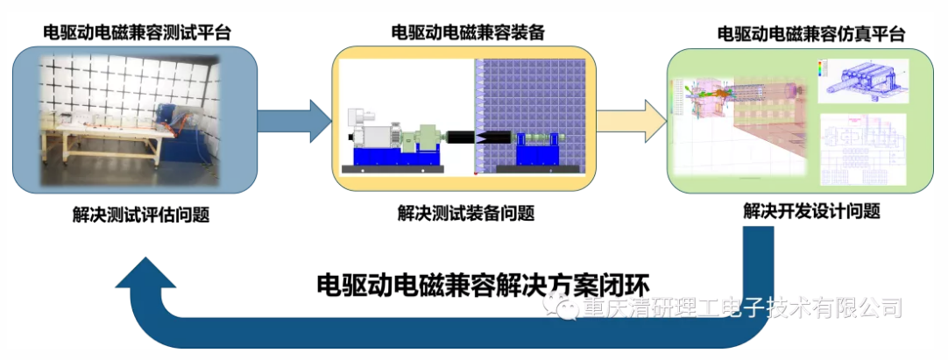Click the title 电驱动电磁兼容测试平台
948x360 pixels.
[138, 33]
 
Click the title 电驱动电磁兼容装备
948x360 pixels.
[468, 33]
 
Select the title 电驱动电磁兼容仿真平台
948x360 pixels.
[810, 33]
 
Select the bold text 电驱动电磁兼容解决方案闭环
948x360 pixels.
[488, 286]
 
